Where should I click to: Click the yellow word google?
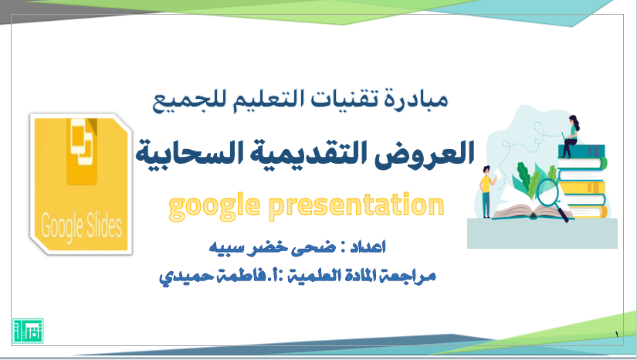point(214,206)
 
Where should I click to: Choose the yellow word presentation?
point(357,206)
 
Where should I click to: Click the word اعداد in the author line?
point(368,246)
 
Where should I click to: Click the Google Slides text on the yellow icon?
point(82,226)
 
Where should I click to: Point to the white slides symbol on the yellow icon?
point(82,142)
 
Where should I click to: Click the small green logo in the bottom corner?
point(28,331)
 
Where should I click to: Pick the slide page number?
point(616,335)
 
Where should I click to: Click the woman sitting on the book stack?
point(571,136)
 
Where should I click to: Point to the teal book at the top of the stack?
point(581,151)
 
